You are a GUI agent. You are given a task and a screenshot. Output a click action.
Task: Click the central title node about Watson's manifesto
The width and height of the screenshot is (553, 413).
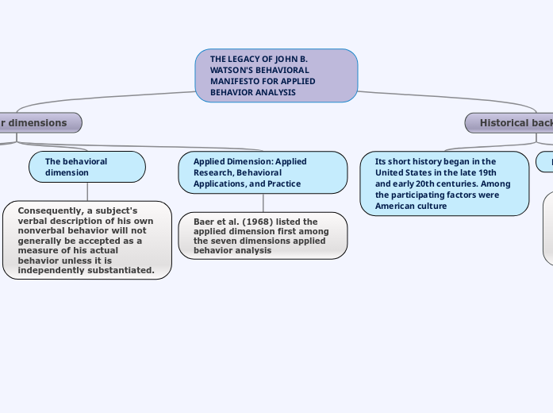pos(276,75)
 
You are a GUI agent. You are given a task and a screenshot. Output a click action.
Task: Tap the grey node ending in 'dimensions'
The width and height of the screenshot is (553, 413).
pos(36,123)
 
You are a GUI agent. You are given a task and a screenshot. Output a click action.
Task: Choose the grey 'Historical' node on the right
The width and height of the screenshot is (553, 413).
pos(512,123)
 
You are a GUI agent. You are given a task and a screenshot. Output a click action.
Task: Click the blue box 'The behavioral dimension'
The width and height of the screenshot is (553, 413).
pos(87,167)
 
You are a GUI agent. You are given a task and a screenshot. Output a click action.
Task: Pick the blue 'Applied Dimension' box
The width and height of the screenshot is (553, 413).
pos(263,172)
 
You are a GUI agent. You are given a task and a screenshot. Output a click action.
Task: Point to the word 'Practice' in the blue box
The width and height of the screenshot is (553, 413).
pos(284,183)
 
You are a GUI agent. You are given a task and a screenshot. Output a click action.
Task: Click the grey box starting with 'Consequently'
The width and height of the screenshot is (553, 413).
pos(87,240)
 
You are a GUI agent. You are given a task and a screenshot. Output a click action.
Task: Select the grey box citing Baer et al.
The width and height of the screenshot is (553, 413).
pos(263,235)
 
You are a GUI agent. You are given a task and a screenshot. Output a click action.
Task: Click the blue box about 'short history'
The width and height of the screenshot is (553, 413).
pos(444,183)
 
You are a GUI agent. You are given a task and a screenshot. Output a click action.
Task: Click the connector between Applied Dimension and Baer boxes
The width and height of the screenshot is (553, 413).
pos(263,203)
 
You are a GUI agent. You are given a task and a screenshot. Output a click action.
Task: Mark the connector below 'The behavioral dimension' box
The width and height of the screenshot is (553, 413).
pos(87,191)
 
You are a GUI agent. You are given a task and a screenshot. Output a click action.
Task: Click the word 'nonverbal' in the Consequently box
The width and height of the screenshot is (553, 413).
pos(41,230)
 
